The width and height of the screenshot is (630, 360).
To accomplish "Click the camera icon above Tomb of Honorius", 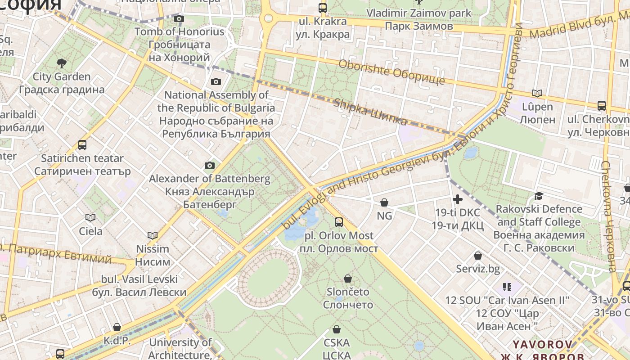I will [x=179, y=18].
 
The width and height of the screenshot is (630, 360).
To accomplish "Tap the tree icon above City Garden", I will [x=62, y=63].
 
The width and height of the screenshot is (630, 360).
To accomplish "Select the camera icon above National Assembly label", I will [x=216, y=81].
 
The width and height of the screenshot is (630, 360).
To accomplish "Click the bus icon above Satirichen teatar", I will [x=82, y=145].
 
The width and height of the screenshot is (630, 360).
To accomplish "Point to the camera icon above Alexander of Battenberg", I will [x=209, y=165].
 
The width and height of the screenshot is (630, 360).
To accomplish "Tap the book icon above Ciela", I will [x=90, y=218].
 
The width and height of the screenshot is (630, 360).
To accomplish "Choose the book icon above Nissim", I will [x=153, y=235].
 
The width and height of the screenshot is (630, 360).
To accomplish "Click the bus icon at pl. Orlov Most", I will [x=338, y=222].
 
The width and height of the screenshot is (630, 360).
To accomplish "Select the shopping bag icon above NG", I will [x=384, y=202].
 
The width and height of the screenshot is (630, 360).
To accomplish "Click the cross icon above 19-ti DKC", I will [x=458, y=199].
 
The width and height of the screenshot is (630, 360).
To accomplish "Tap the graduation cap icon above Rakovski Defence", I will [x=539, y=196].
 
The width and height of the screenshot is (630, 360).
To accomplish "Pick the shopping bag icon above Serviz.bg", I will [x=478, y=256].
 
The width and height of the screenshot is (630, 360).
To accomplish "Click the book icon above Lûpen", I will [x=537, y=93].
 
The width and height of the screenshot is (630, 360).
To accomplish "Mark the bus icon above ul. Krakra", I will [x=323, y=8].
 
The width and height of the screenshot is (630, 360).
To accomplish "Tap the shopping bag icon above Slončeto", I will [x=347, y=279].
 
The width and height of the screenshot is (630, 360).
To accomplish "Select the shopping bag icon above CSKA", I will [x=336, y=329].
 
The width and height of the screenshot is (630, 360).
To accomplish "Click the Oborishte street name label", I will [x=391, y=72].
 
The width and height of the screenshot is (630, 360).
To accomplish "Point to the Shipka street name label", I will [x=370, y=112].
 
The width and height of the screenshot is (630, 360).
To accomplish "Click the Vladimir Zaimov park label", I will [x=418, y=13].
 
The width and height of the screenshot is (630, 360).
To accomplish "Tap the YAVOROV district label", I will [x=543, y=345].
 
